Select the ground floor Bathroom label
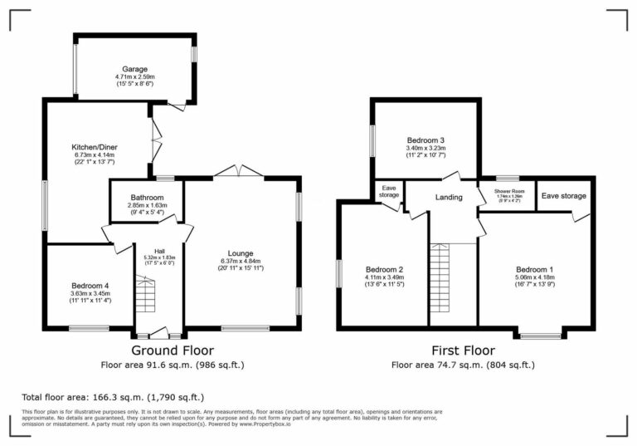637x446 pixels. tap(147, 197)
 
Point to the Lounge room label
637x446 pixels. tap(241, 253)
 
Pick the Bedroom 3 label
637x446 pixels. tap(426, 140)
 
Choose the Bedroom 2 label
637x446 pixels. tap(384, 269)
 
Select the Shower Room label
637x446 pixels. tap(509, 191)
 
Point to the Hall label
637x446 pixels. tap(159, 251)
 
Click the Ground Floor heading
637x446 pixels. tap(171, 350)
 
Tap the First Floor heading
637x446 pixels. tap(463, 350)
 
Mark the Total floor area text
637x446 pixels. tap(112, 397)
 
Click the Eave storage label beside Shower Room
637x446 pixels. tap(564, 196)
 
